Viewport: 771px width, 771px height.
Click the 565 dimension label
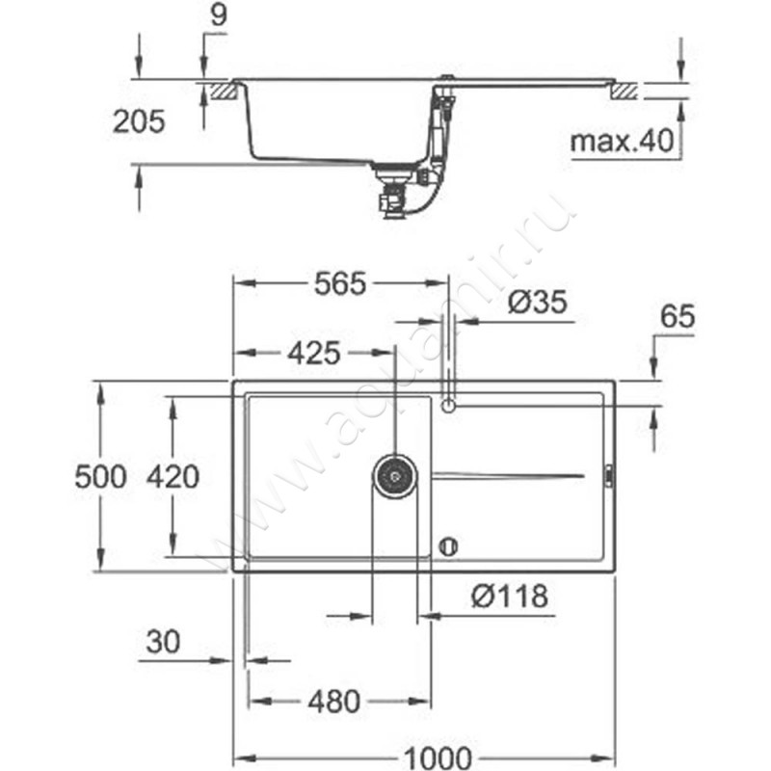coord(340,283)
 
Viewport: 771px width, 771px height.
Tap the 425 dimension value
coord(314,353)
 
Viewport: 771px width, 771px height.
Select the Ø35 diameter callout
coord(538,302)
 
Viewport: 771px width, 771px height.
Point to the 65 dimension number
coord(678,316)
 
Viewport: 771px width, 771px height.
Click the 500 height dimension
coord(101,477)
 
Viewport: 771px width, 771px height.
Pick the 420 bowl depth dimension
coord(173,477)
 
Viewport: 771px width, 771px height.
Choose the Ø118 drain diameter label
coord(510,596)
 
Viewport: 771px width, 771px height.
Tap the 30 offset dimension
coord(163,642)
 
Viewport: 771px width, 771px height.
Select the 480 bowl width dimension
coord(334,702)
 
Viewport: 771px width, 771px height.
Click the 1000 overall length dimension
coord(438,758)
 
